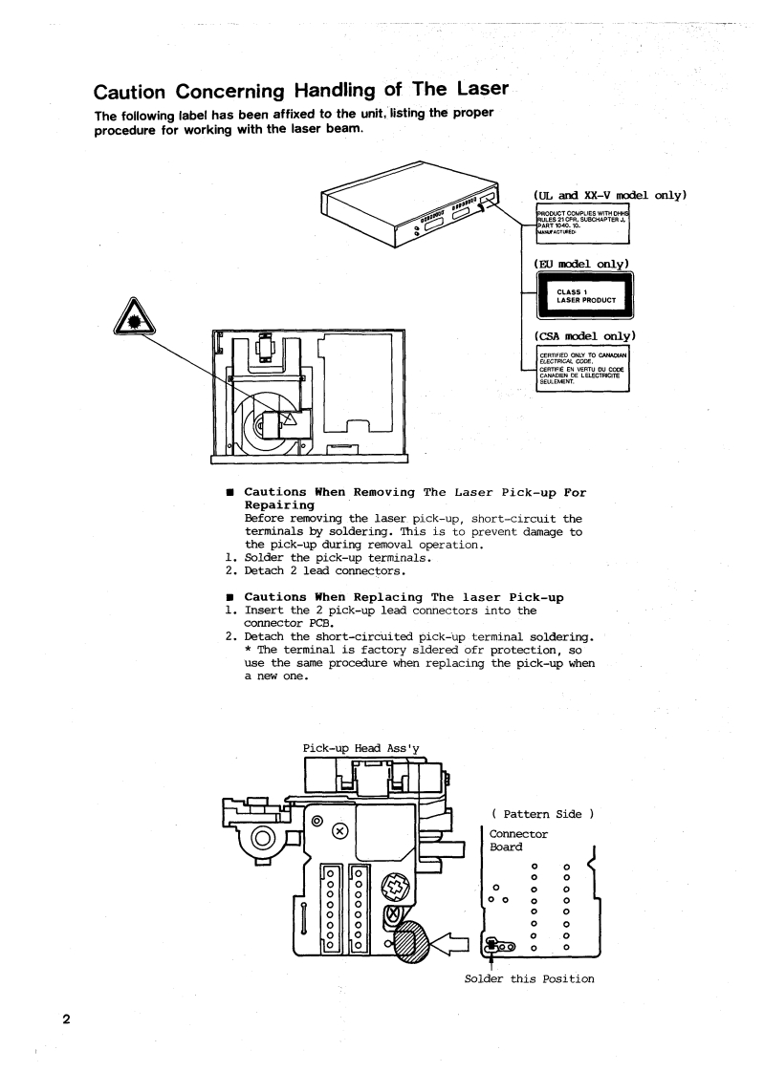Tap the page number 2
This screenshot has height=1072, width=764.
[66, 1018]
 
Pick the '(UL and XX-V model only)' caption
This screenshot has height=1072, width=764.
[611, 196]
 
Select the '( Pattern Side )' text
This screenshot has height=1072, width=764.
[542, 813]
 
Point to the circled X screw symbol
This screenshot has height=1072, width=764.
[340, 830]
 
